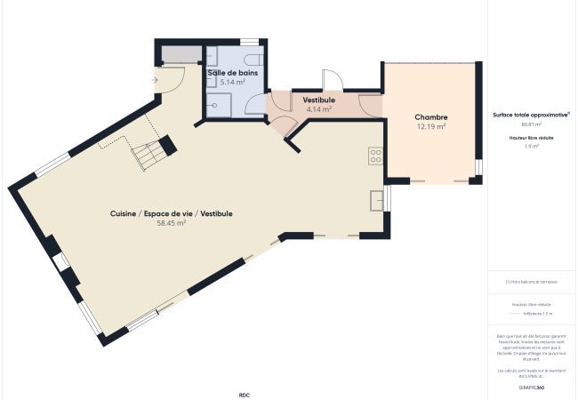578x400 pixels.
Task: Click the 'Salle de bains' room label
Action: [234, 73]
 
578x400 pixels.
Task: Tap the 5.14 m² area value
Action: [233, 82]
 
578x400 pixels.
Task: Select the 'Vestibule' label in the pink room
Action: [318, 100]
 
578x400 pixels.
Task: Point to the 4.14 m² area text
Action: [318, 109]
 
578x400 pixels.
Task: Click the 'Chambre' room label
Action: [430, 117]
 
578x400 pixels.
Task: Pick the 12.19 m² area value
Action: [430, 127]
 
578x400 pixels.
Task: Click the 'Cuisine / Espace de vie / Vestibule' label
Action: [171, 213]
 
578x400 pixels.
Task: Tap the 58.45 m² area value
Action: [171, 224]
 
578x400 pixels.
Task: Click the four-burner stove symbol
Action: [375, 156]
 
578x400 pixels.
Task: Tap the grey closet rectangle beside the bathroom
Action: [180, 55]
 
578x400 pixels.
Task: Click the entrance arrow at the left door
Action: [157, 79]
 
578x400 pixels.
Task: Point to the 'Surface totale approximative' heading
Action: [531, 116]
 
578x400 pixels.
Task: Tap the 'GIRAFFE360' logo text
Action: [532, 388]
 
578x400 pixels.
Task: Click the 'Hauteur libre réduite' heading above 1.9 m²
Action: [532, 136]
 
